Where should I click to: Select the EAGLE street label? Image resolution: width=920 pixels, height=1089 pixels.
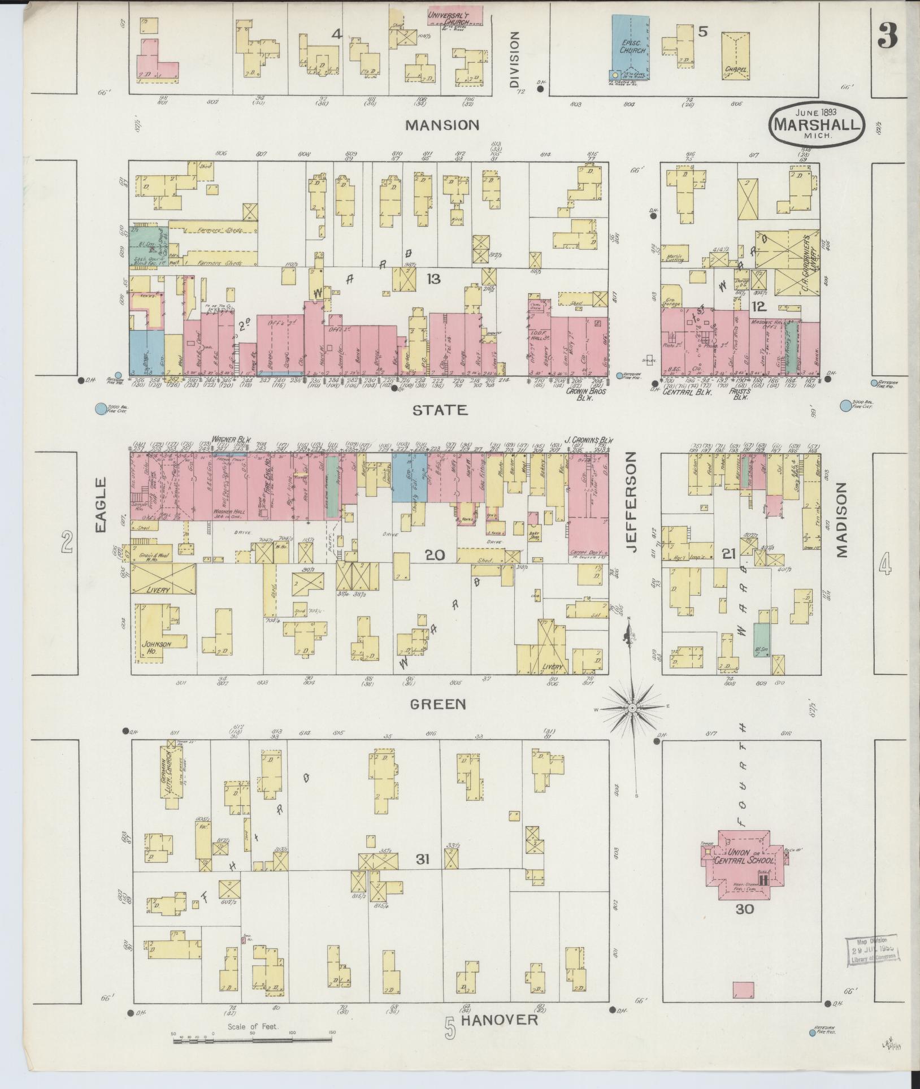click(101, 505)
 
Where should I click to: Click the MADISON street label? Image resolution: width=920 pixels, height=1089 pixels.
click(843, 520)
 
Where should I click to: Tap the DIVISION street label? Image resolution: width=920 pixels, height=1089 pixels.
click(514, 59)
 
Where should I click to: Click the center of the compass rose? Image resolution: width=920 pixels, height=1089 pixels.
click(633, 708)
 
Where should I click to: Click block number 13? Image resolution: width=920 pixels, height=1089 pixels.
click(433, 278)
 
